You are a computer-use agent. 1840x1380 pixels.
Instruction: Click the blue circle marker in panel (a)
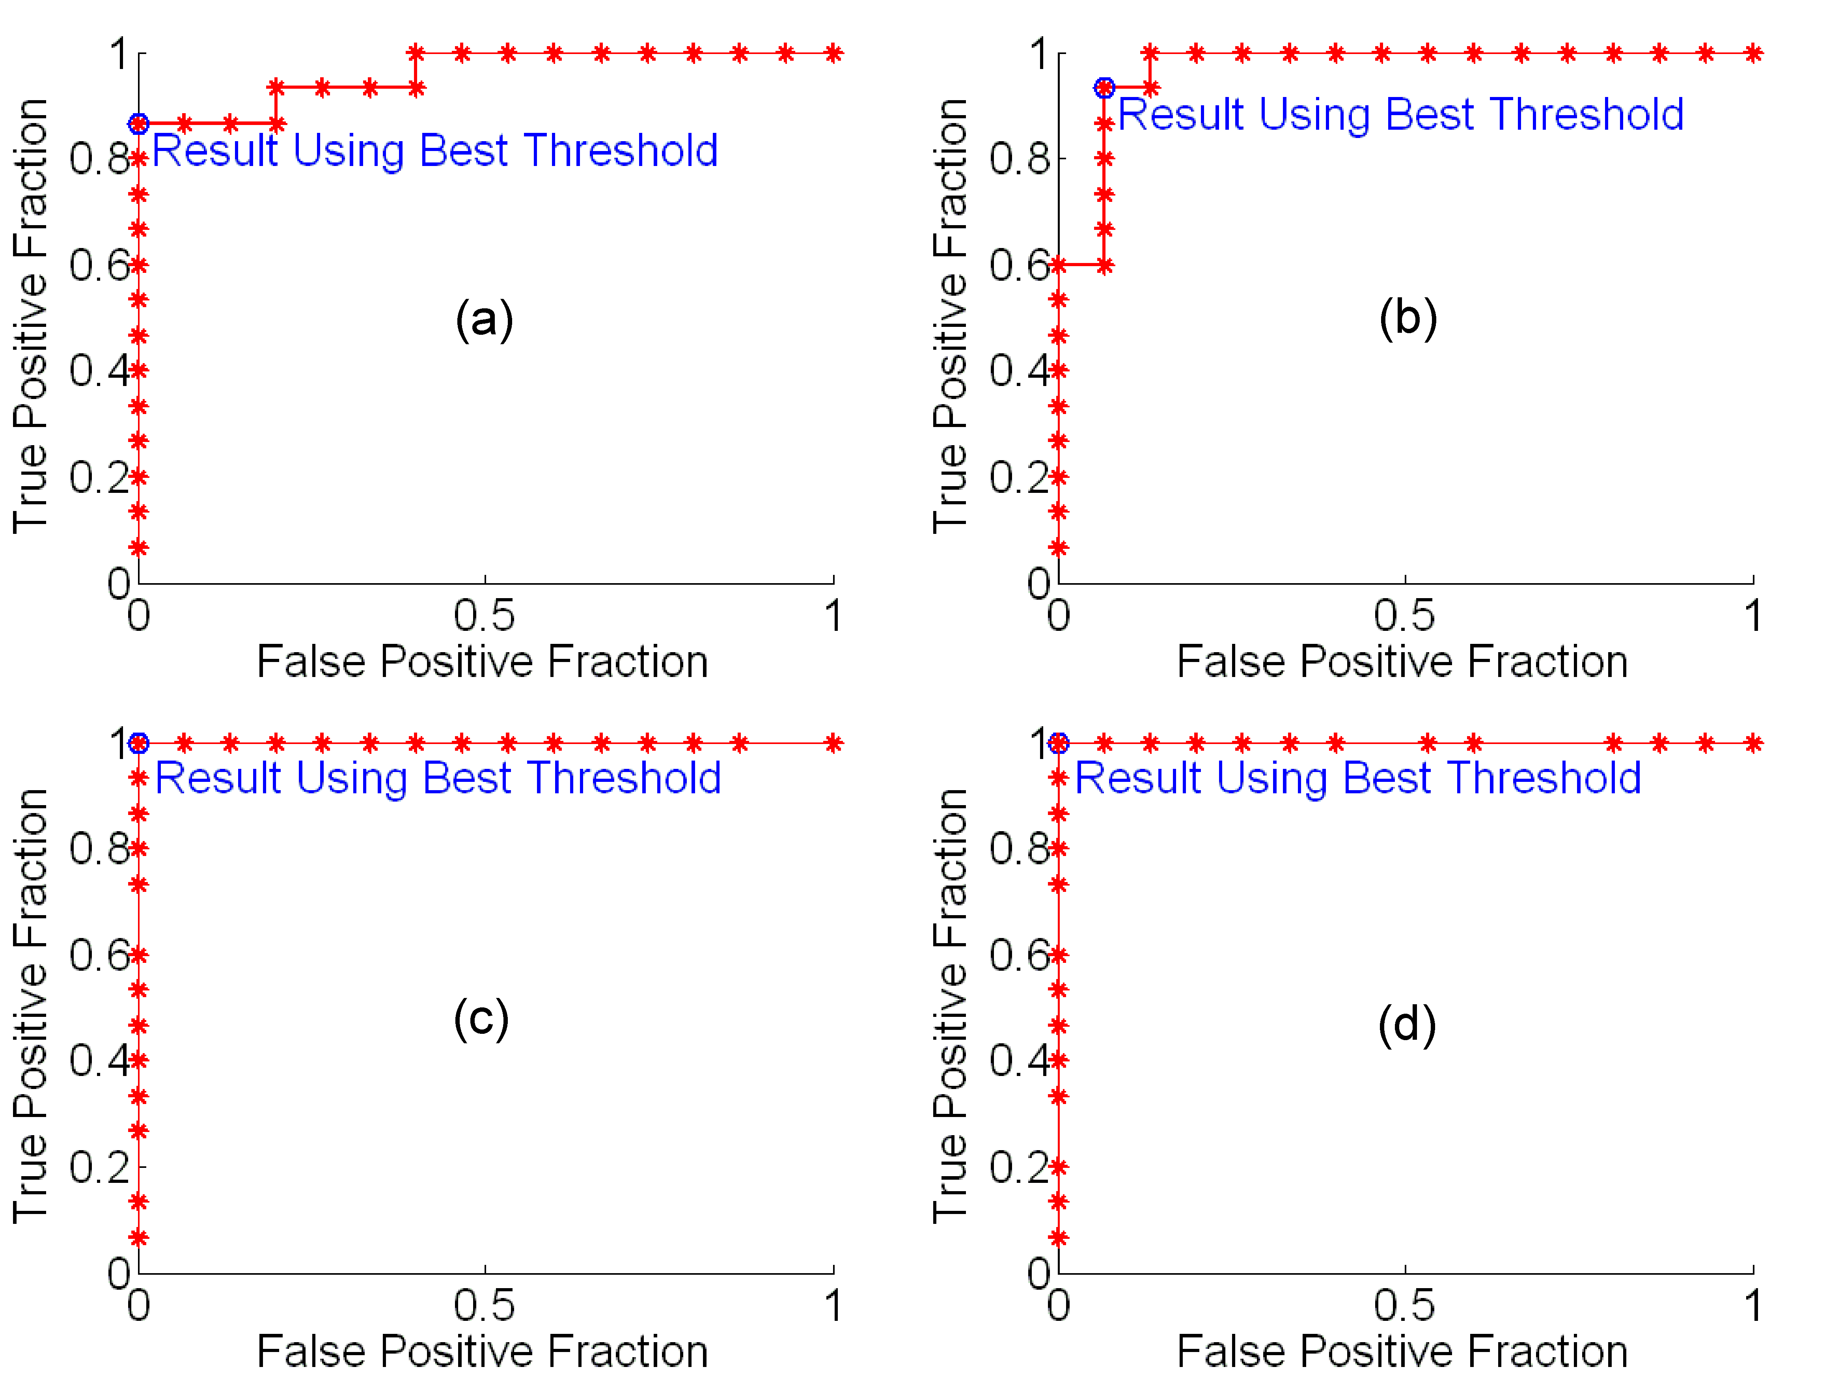pyautogui.click(x=139, y=124)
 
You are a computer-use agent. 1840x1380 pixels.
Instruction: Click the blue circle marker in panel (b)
pyautogui.click(x=1104, y=88)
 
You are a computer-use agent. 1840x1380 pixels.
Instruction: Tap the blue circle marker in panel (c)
pyautogui.click(x=139, y=743)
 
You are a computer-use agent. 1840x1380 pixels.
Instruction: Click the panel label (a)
pyautogui.click(x=484, y=319)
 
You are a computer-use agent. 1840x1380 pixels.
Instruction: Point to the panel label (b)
pyautogui.click(x=1407, y=318)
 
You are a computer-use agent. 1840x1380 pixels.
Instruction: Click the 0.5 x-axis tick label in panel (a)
pyautogui.click(x=484, y=616)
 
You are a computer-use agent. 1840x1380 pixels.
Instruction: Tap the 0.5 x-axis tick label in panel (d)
pyautogui.click(x=1404, y=1306)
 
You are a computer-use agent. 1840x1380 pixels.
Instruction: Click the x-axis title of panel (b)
pyautogui.click(x=1402, y=662)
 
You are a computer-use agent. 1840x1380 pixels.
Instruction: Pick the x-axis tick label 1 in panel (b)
pyautogui.click(x=1752, y=616)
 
